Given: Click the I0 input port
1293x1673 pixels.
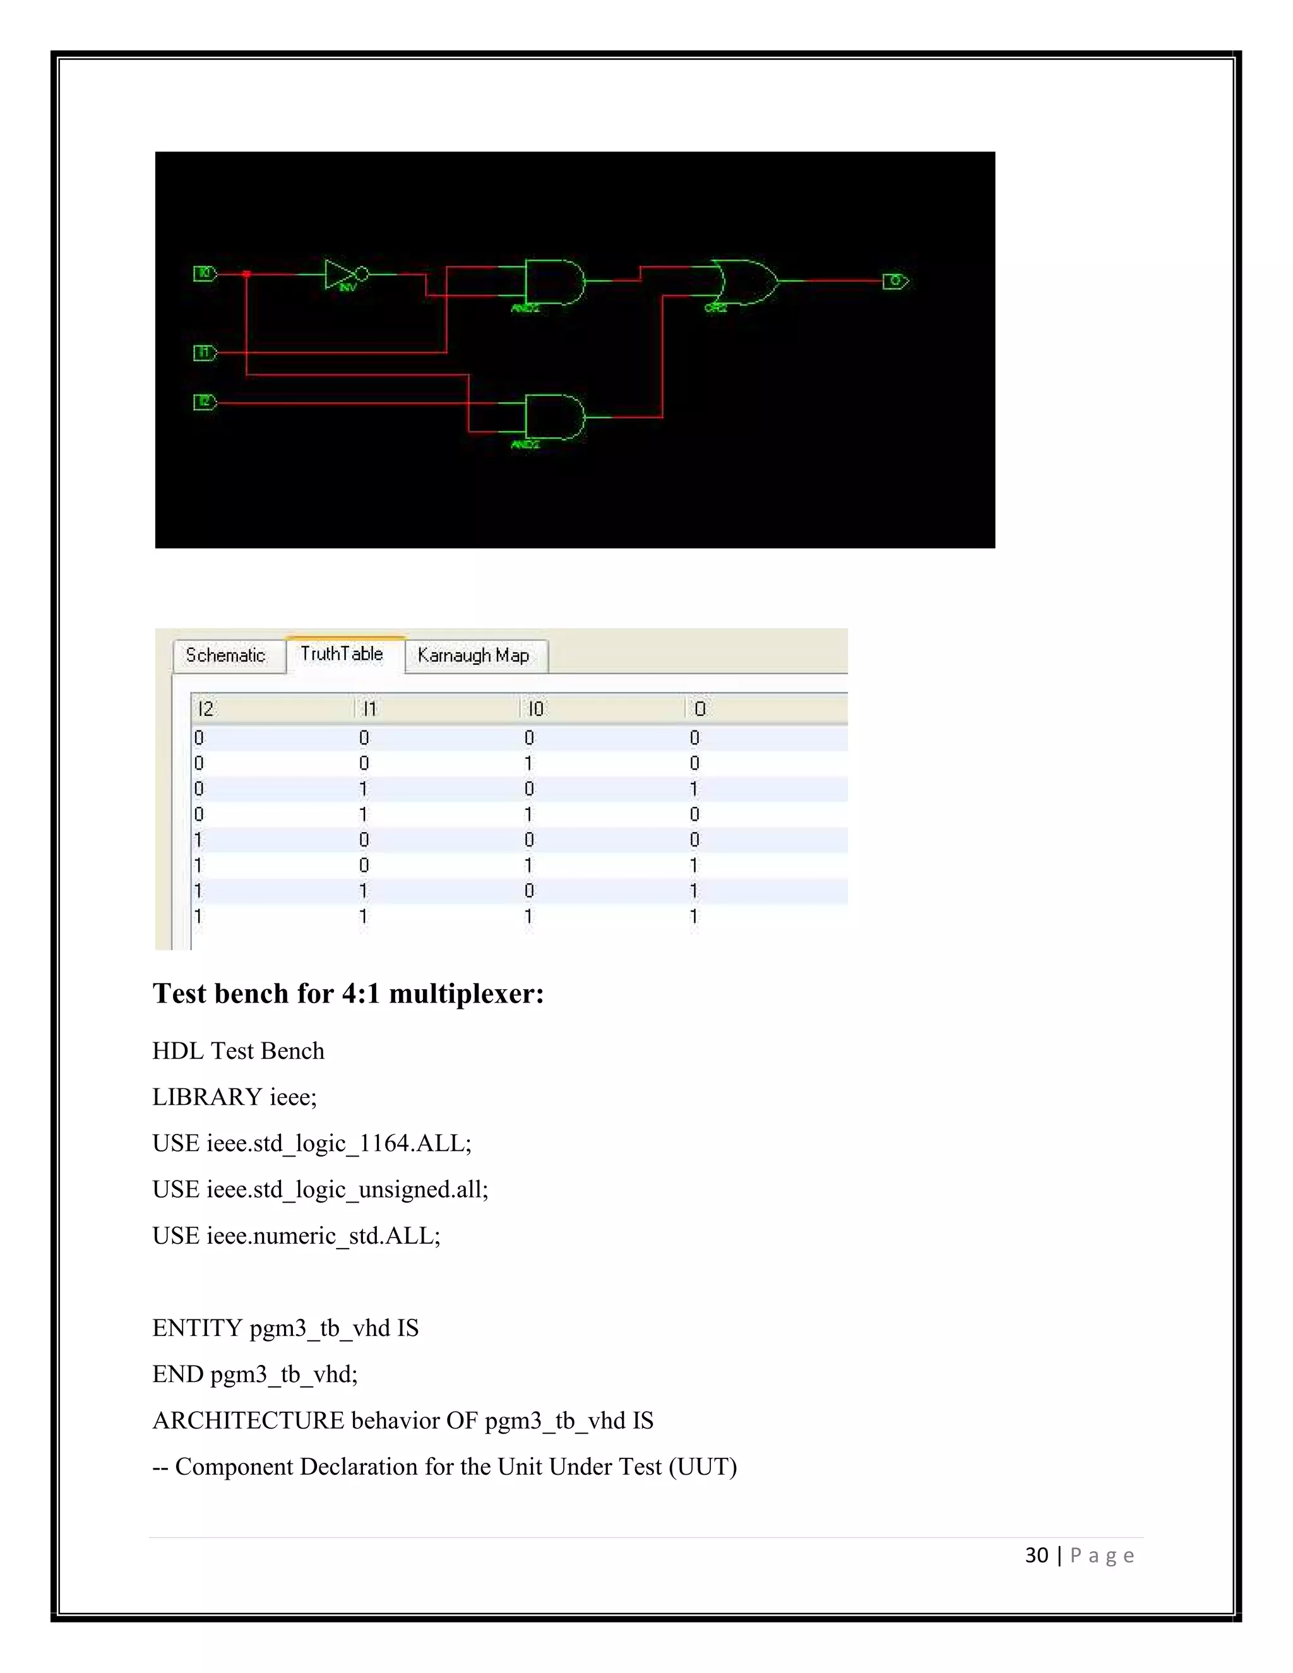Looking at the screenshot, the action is [x=205, y=273].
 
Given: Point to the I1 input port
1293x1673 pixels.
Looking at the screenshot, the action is [x=205, y=352].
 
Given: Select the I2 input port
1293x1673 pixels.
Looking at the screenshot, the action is [x=205, y=402].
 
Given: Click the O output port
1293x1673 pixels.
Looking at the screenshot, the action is [x=895, y=281].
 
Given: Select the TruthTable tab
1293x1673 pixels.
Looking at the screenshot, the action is [x=342, y=654].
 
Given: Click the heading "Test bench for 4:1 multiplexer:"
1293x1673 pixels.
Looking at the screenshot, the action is [x=348, y=994].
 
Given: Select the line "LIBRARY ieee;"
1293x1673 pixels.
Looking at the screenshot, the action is [x=234, y=1097].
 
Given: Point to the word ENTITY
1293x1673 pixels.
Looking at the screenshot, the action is [x=197, y=1328].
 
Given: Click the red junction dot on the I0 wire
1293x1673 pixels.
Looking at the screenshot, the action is [x=247, y=273].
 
